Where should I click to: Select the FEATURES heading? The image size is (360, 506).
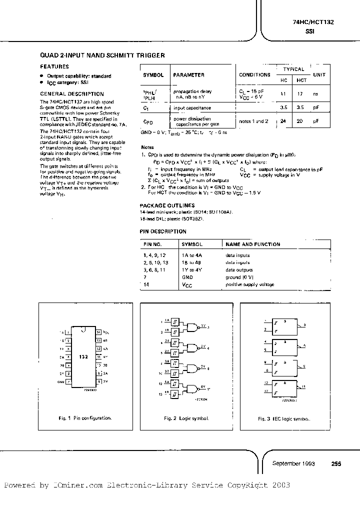pyautogui.click(x=54, y=66)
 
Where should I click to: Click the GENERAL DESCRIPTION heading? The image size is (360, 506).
pyautogui.click(x=72, y=94)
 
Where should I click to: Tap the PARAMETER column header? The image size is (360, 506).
pyautogui.click(x=188, y=75)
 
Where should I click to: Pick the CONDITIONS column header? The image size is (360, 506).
pyautogui.click(x=254, y=75)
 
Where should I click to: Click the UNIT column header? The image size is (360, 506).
pyautogui.click(x=319, y=75)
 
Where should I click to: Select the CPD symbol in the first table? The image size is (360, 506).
pyautogui.click(x=148, y=121)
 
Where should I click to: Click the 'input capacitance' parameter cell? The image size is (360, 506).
pyautogui.click(x=192, y=107)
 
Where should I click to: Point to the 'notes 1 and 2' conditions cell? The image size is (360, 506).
pyautogui.click(x=254, y=121)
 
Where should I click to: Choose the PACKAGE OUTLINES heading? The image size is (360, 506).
pyautogui.click(x=167, y=205)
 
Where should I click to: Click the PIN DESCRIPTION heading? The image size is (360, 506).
pyautogui.click(x=163, y=231)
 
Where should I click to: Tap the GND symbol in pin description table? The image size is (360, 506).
pyautogui.click(x=187, y=276)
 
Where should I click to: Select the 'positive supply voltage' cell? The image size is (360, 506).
pyautogui.click(x=250, y=284)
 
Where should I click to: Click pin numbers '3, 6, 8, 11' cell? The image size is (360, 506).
pyautogui.click(x=154, y=269)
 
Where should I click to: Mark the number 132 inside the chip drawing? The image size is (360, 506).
pyautogui.click(x=83, y=357)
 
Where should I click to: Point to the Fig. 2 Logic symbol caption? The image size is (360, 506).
pyautogui.click(x=188, y=418)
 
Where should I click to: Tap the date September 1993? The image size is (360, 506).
pyautogui.click(x=293, y=463)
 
